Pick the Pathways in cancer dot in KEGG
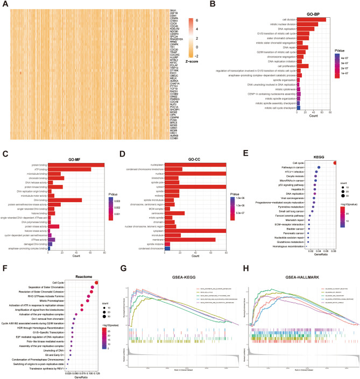tap(319, 168)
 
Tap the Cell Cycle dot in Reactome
tap(96, 282)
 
